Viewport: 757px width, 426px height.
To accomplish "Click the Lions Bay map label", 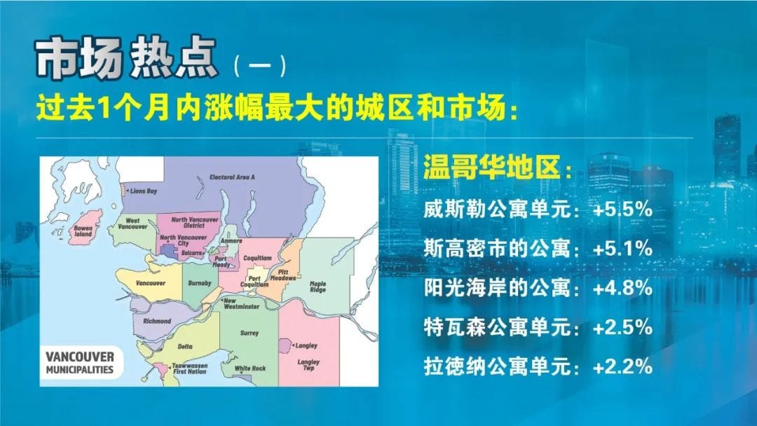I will click(x=143, y=191).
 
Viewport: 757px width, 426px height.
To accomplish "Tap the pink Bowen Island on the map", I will click(x=86, y=226).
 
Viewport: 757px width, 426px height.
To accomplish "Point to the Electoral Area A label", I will click(x=232, y=177).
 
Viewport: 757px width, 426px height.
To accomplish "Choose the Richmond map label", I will click(x=156, y=321).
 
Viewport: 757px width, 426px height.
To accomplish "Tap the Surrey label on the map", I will click(x=249, y=334).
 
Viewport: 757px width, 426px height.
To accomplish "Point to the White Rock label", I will click(x=250, y=369).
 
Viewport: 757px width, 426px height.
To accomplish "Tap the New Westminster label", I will click(x=241, y=304).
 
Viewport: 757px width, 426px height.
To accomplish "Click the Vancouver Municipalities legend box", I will click(x=80, y=362).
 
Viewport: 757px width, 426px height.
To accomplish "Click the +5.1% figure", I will click(x=623, y=248).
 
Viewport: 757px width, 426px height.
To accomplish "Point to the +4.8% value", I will click(x=623, y=288).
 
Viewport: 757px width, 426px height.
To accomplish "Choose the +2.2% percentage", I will click(x=623, y=366).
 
